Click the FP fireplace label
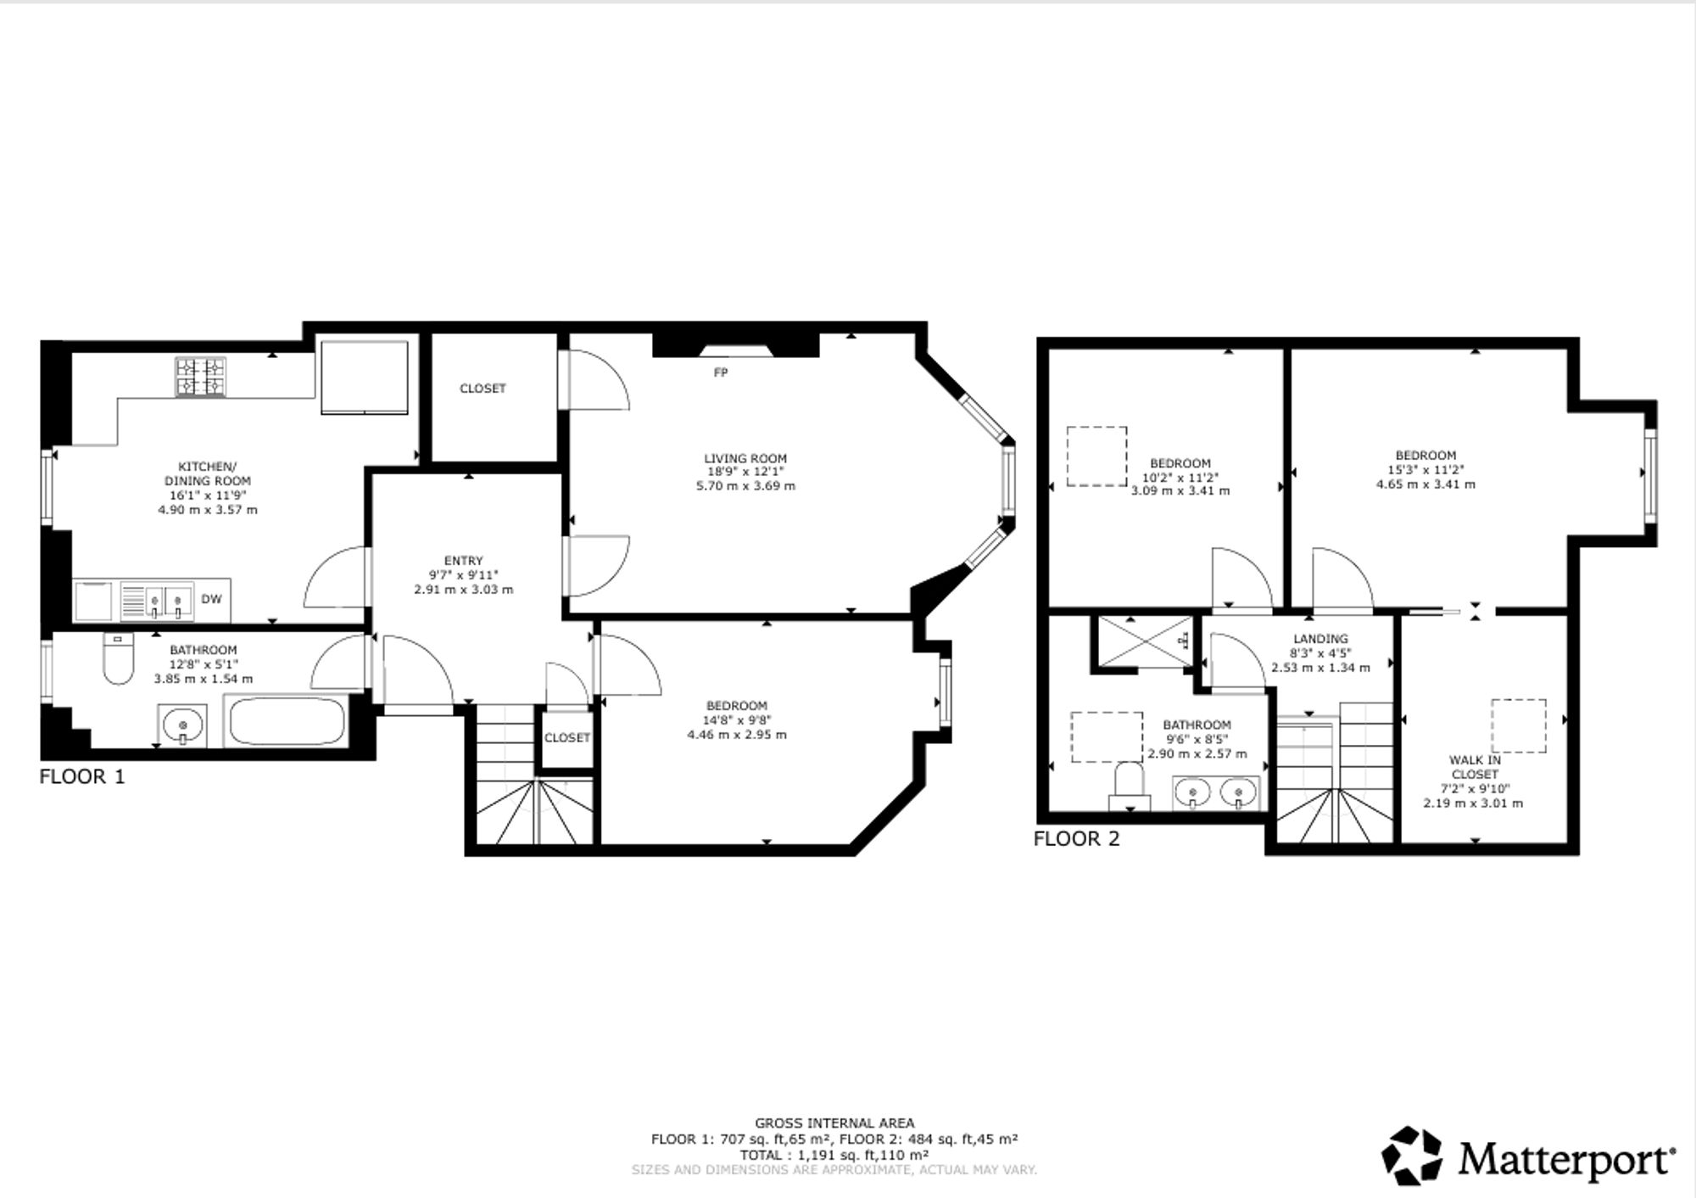tap(721, 372)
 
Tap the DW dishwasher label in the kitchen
tap(211, 599)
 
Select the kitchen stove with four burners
tap(201, 377)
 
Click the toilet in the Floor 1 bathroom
tap(118, 658)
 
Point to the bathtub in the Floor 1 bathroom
tap(286, 721)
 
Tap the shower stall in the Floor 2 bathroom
tap(1145, 641)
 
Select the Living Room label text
tap(745, 458)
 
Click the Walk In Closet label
tap(1475, 767)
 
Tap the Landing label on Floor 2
tap(1320, 639)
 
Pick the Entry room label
tap(463, 561)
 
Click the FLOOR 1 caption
tap(82, 776)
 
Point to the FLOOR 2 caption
tap(1076, 839)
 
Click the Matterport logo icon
tap(1412, 1156)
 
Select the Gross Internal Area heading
tap(834, 1123)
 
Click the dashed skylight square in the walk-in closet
tap(1519, 725)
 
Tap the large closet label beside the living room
tap(483, 389)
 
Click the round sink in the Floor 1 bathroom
tap(182, 726)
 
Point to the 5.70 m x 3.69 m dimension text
tap(745, 486)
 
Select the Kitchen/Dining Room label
tap(208, 473)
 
